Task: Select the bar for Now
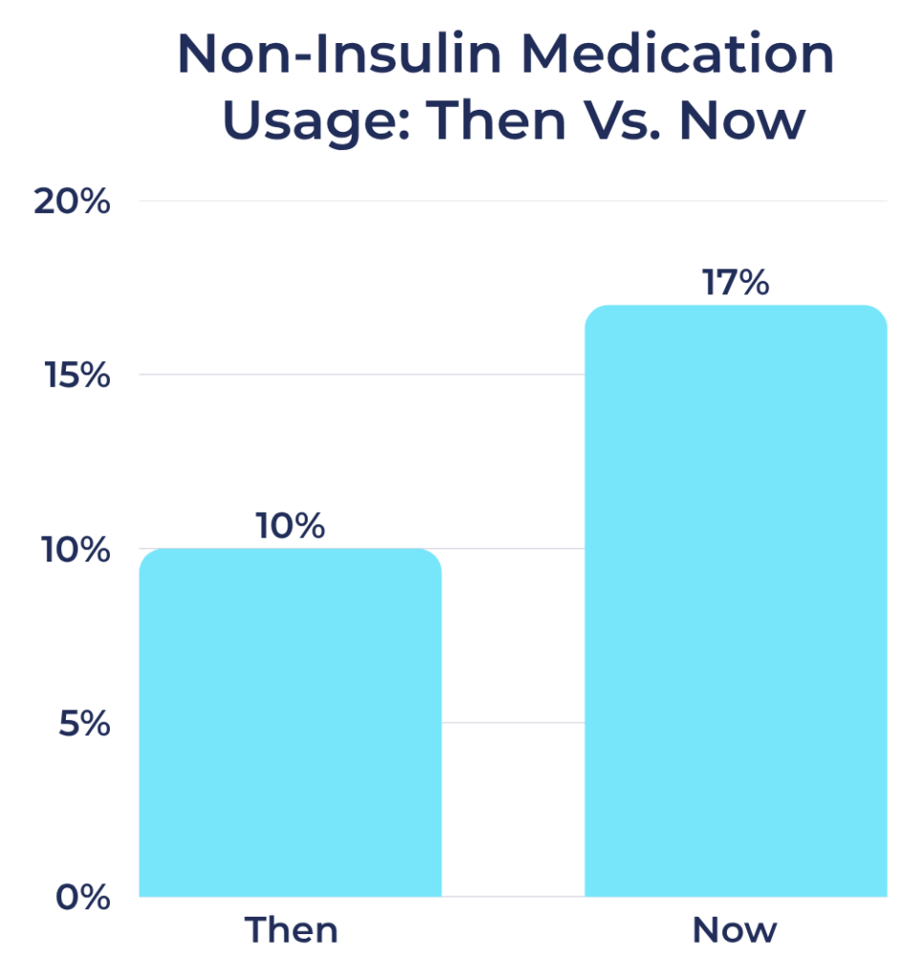pos(735,602)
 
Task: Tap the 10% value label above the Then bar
pos(290,526)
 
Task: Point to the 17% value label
pos(735,283)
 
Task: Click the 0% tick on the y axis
pos(82,898)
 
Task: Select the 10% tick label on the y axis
pos(77,550)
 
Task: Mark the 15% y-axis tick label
pos(77,375)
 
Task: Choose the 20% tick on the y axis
pos(73,202)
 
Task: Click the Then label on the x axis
pos(290,930)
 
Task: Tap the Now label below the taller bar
pos(735,930)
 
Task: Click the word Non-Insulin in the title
pos(337,55)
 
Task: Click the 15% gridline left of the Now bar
pos(363,374)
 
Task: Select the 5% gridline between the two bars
pos(512,723)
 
